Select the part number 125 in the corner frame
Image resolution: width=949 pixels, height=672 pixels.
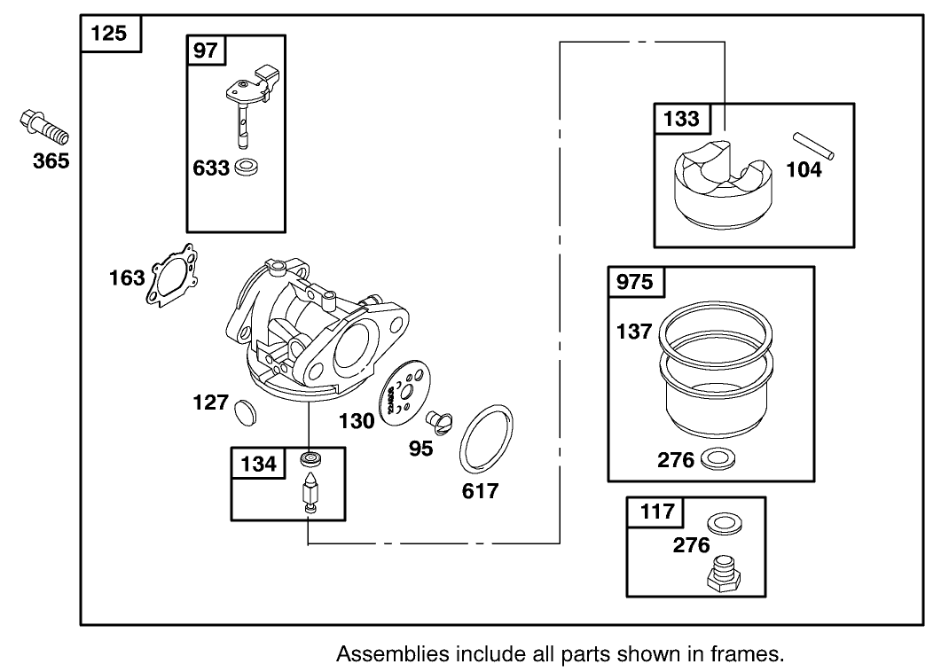point(109,35)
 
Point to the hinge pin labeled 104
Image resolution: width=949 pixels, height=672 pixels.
point(812,145)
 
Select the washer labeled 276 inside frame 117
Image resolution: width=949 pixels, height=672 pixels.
point(726,522)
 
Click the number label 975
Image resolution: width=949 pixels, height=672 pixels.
point(634,282)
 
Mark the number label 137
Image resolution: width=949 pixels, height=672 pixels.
point(634,332)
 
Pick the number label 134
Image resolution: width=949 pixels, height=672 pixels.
point(258,463)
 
